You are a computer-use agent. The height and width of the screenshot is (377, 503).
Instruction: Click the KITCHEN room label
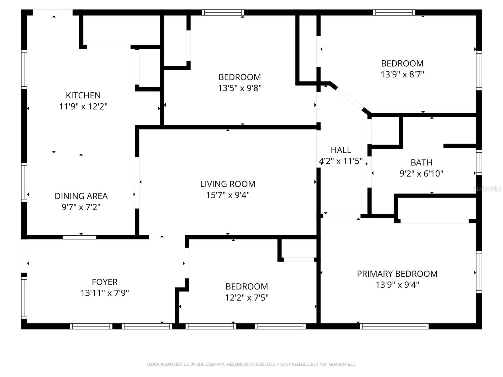[x=83, y=96]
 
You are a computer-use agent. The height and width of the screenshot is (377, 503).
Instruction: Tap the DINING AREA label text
[x=81, y=196]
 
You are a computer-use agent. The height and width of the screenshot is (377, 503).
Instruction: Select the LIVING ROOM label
[x=228, y=184]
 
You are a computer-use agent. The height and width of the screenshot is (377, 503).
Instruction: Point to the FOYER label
[x=105, y=282]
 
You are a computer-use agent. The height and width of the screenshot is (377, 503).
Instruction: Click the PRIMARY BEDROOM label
[x=397, y=274]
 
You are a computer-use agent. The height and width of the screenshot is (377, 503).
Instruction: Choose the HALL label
[x=341, y=150]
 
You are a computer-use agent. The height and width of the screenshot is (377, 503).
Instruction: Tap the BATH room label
[x=421, y=162]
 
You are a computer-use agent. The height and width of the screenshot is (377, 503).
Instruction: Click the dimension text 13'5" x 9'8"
[x=240, y=88]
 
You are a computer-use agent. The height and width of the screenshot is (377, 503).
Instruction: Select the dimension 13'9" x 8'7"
[x=402, y=74]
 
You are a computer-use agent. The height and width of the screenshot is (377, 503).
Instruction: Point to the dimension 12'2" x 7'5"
[x=246, y=298]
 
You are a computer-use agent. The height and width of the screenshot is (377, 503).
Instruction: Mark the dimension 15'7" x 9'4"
[x=228, y=195]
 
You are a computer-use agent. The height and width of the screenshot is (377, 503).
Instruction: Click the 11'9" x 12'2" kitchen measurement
[x=83, y=107]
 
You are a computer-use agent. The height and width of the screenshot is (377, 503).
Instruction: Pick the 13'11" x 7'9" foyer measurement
[x=105, y=293]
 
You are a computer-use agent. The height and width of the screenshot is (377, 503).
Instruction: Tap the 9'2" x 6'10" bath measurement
[x=421, y=173]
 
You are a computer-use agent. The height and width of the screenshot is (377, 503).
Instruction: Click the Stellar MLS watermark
[x=487, y=189]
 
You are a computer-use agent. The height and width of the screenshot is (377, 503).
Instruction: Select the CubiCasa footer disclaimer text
[x=251, y=364]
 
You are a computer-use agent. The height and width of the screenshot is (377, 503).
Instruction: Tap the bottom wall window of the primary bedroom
[x=394, y=326]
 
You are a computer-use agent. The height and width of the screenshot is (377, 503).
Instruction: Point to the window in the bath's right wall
[x=479, y=162]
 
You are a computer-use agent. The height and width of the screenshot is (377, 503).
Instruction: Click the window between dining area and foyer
[x=80, y=238]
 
